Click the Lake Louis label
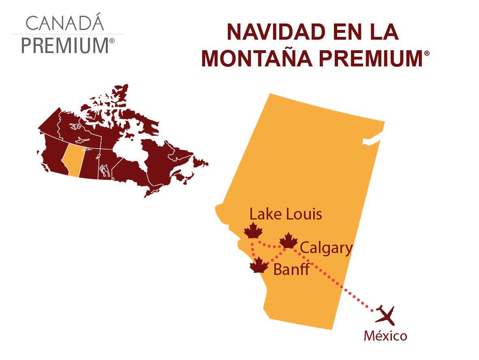coord(286,214)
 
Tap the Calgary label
coord(327,248)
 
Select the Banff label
coord(291,269)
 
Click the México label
coord(385,336)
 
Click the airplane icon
coord(385,315)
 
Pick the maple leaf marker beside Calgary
coord(289,241)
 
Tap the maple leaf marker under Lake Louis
coord(253,231)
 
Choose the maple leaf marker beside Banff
coord(259,266)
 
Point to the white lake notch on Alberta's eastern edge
coord(372,141)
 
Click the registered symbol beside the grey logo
coord(112,40)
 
